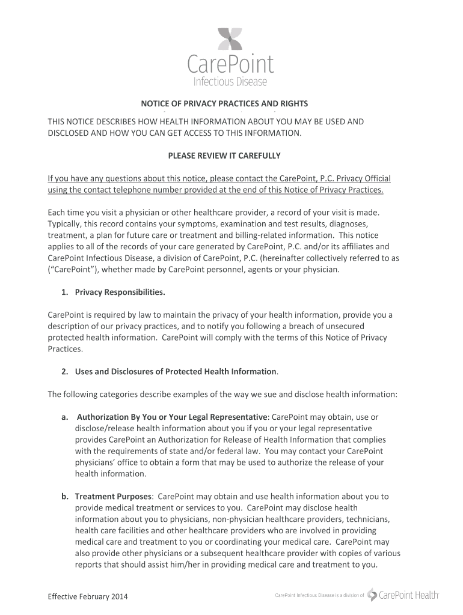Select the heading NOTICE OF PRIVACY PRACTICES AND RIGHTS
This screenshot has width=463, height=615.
[224, 103]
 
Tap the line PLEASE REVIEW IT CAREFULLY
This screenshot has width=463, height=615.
[224, 156]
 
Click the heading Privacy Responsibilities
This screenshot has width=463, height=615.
[120, 292]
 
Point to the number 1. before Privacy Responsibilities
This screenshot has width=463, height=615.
[65, 292]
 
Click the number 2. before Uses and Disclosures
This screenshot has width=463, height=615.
[65, 372]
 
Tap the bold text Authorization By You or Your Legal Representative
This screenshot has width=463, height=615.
[172, 417]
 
